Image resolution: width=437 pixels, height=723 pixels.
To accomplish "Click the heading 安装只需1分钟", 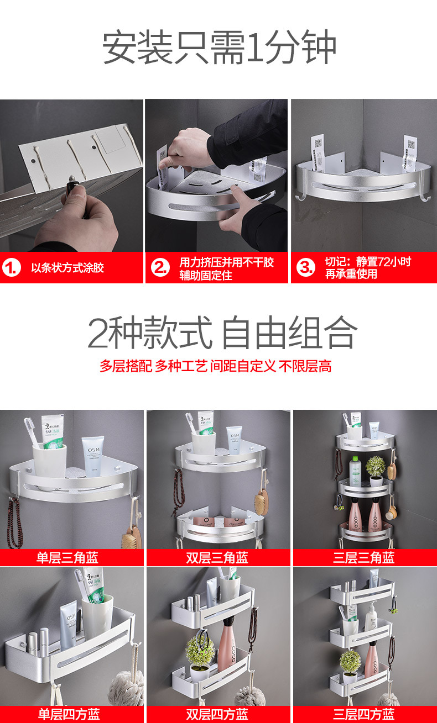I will (219, 48).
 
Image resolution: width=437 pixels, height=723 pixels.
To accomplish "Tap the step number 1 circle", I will (11, 268).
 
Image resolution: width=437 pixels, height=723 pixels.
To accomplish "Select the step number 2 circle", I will (160, 268).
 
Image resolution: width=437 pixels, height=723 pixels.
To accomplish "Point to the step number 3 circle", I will (305, 268).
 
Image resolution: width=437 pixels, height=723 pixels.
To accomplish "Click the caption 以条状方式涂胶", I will (67, 268).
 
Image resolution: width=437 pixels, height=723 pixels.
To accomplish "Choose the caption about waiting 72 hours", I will (368, 268).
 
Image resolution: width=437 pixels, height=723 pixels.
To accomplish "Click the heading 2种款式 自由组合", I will (222, 333).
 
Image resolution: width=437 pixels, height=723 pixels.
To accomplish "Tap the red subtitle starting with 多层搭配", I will (215, 366).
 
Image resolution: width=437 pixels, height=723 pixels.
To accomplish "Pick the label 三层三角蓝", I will (364, 557).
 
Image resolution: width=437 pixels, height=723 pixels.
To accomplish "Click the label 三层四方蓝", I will (364, 714).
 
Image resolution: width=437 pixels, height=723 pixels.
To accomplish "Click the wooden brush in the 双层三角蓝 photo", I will (261, 500).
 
